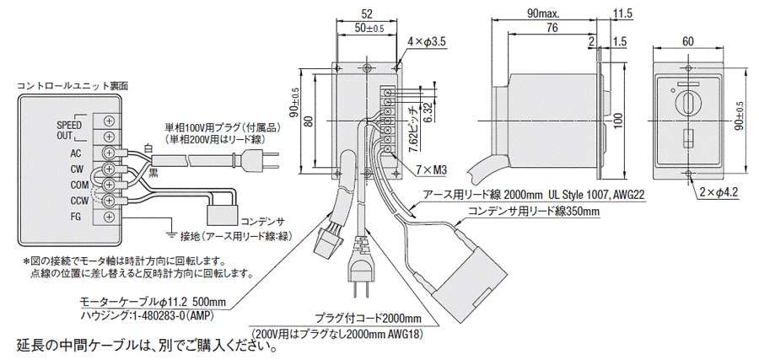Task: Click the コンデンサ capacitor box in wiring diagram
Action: coord(223,205)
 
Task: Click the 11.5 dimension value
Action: coord(622,13)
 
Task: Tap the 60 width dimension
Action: coord(687,40)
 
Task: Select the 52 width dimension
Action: coord(367,13)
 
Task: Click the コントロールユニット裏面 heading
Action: coord(72,87)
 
